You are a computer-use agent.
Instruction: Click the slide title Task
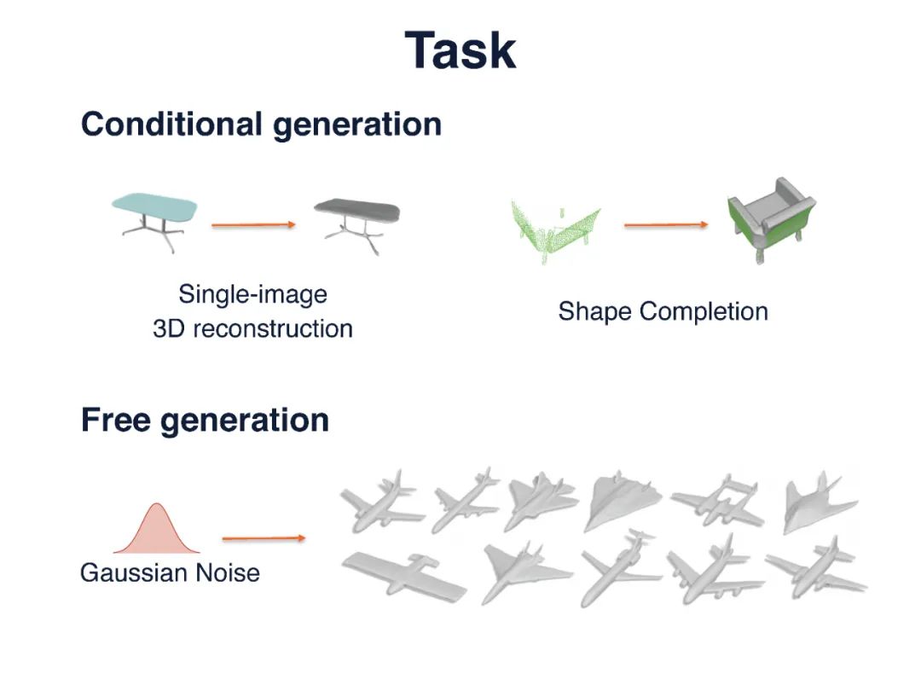[460, 50]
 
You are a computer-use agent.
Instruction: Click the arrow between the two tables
[253, 225]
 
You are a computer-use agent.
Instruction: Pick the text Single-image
[252, 294]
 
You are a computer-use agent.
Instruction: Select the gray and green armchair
[770, 218]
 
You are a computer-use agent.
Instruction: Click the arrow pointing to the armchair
[666, 225]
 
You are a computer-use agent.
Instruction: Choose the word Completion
[704, 311]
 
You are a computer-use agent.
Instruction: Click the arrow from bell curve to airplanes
[264, 538]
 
